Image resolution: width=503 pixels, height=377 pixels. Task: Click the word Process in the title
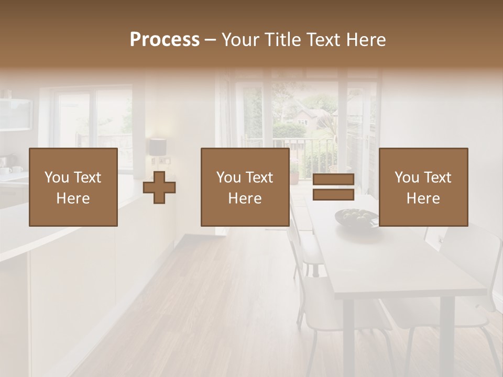tap(165, 40)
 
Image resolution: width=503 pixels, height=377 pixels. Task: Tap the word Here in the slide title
tap(365, 40)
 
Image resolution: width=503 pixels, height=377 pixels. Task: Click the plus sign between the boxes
tap(159, 187)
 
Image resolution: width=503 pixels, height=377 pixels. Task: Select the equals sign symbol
tap(333, 187)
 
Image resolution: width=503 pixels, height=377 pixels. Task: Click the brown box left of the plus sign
tap(73, 187)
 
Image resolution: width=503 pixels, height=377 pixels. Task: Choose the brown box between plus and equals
tap(245, 187)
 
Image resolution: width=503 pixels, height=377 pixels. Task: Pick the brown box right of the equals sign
tap(423, 187)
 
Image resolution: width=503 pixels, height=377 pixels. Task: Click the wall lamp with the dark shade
tap(157, 147)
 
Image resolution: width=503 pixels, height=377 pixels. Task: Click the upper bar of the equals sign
tap(333, 179)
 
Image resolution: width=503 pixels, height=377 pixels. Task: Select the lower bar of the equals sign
tap(333, 195)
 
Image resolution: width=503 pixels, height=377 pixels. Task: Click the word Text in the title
tap(321, 40)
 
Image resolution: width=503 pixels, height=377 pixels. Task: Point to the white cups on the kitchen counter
tap(12, 170)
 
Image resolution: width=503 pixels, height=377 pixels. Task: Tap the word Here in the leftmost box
tap(73, 198)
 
